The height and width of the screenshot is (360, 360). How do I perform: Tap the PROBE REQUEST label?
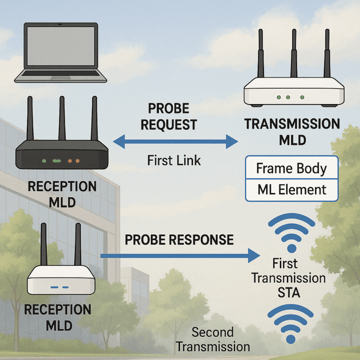pos(169,117)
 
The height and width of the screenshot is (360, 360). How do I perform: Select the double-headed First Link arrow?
pos(176,140)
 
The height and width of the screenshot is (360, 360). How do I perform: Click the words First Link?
pos(174,160)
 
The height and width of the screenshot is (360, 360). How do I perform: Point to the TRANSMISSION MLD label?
pos(292,132)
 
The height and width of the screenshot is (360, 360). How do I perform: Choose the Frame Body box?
pos(292,168)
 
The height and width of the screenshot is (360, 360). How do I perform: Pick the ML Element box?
pos(292,190)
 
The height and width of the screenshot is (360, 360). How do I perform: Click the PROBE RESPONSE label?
pos(179,240)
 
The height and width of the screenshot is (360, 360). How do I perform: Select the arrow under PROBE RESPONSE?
pos(180,255)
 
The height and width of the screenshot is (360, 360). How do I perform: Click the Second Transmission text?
pos(213,339)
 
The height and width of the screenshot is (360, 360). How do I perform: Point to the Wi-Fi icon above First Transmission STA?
pos(291,232)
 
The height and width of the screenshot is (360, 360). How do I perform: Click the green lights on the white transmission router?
pos(288,97)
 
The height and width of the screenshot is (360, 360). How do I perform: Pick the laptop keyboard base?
pos(60,76)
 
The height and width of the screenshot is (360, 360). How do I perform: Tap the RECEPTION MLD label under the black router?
pos(62,194)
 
